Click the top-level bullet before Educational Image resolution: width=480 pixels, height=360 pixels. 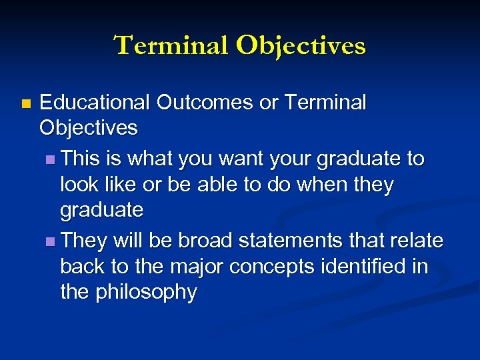[25, 103]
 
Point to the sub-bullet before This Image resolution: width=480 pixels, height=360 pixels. [53, 160]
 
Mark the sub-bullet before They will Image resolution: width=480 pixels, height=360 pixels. [53, 241]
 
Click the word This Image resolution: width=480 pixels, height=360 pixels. [81, 159]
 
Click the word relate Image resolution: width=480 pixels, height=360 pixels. [415, 240]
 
